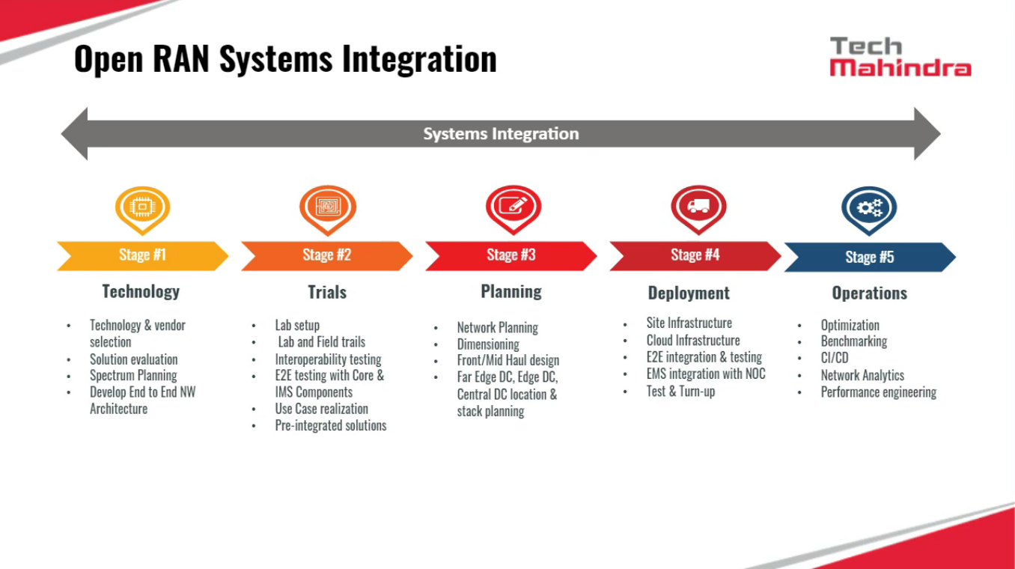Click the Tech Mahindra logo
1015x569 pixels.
point(900,57)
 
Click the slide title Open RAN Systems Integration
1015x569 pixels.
point(285,59)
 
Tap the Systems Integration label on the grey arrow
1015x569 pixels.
point(501,134)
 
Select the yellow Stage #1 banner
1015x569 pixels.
point(142,255)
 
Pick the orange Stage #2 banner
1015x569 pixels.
point(326,255)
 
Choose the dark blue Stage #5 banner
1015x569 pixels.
point(869,258)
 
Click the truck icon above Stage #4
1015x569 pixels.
point(698,207)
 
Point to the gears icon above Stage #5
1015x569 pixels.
point(869,207)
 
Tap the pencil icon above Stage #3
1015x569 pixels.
point(513,206)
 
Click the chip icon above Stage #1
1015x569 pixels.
point(142,207)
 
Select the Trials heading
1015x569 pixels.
point(327,292)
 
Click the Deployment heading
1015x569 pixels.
point(689,293)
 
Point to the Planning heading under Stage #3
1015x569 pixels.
point(511,291)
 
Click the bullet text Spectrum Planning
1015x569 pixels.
point(133,376)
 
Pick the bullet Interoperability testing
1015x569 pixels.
point(328,359)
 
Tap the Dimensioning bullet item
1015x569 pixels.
point(488,344)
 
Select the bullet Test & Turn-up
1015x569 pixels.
point(680,391)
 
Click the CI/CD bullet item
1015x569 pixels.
point(835,358)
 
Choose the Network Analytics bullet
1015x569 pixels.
point(862,376)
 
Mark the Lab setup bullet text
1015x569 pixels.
point(297,326)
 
